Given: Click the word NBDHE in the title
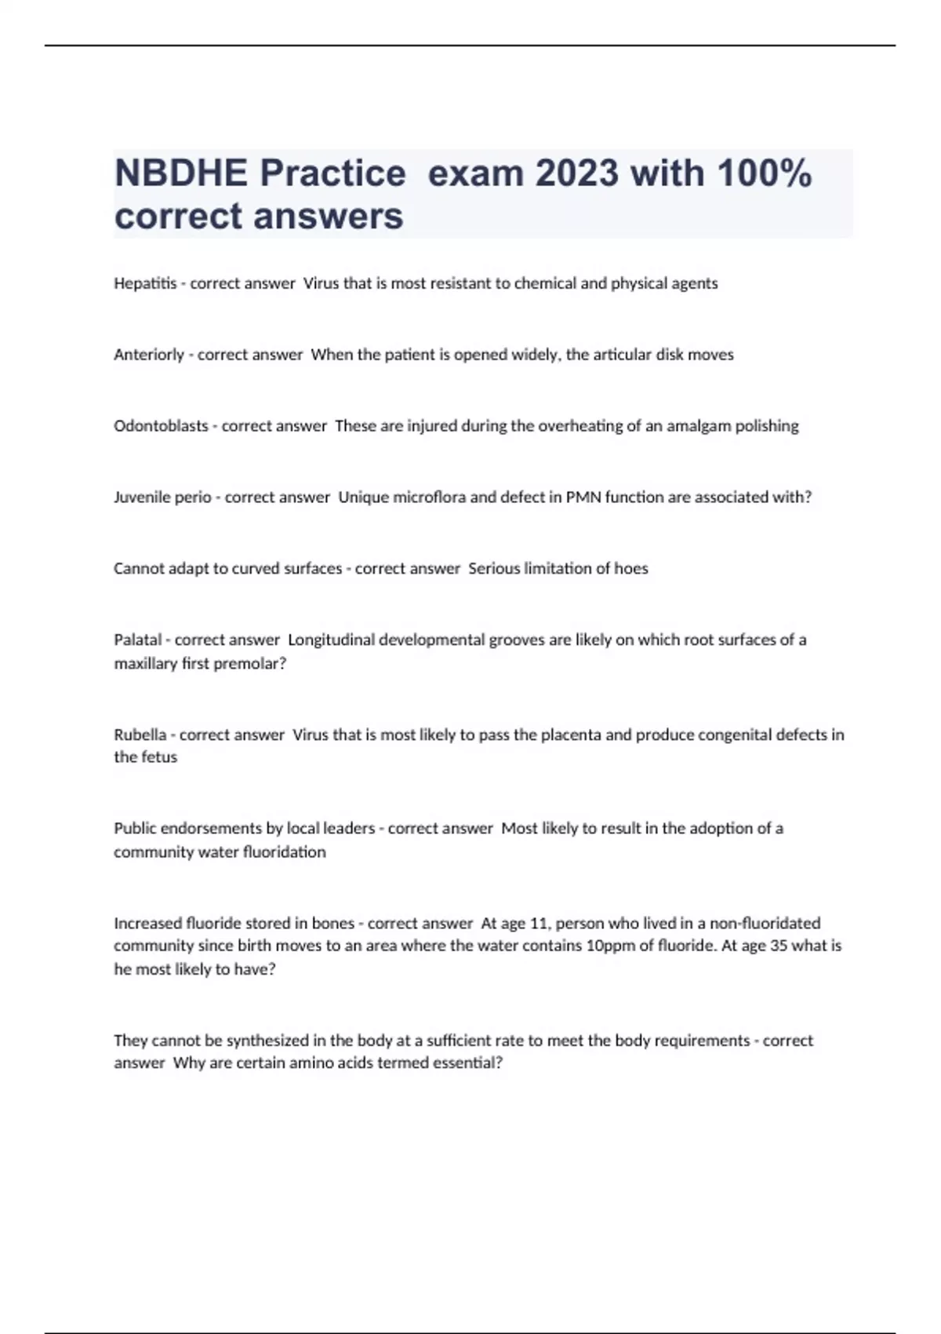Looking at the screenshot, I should (181, 173).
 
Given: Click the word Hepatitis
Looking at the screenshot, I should (145, 283).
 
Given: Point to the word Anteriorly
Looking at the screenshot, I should (149, 355).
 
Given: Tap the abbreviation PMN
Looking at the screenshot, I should (583, 498).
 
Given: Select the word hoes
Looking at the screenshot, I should (631, 568).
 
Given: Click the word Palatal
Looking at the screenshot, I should (138, 640).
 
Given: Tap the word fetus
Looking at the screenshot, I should (159, 757).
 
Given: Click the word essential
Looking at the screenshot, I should (467, 1063).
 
